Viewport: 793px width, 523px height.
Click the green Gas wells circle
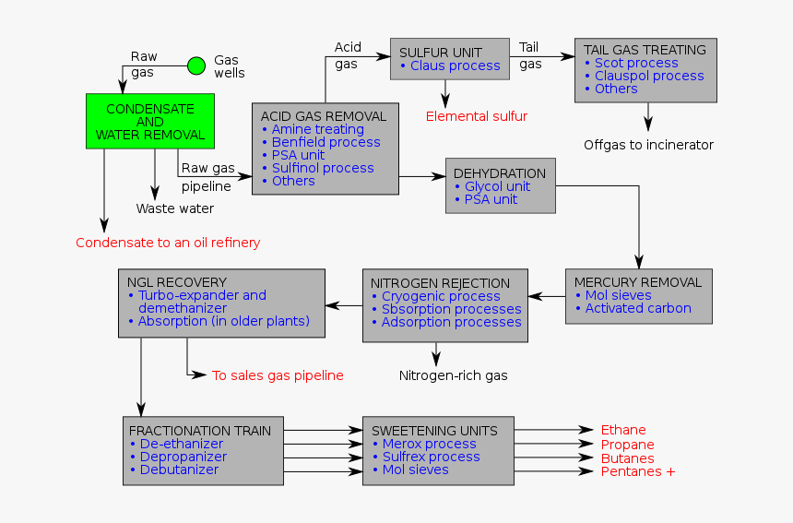pos(196,65)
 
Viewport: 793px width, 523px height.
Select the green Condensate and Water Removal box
pos(150,122)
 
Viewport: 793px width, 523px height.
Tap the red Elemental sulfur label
pos(476,116)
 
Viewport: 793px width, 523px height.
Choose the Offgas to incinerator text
pos(648,145)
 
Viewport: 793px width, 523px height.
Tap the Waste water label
pos(175,208)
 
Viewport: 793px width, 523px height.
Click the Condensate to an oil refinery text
pos(168,243)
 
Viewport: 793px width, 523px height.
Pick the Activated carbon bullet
pos(638,308)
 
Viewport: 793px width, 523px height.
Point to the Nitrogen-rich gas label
pos(453,375)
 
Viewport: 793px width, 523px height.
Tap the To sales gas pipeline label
pos(278,375)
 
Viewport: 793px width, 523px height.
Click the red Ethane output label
pos(623,430)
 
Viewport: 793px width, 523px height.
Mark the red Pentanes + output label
pos(638,471)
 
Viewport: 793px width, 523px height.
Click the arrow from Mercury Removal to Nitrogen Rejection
pos(547,296)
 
